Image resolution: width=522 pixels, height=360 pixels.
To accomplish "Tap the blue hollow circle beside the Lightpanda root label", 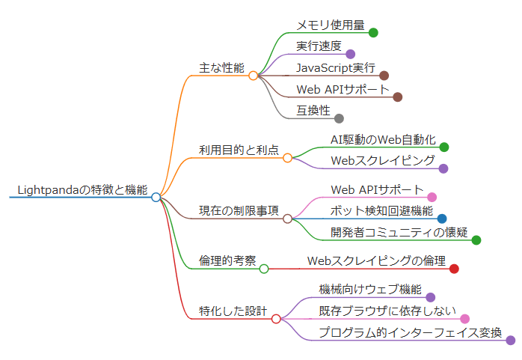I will coord(156,198).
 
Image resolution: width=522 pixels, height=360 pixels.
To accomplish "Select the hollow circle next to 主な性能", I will coord(254,76).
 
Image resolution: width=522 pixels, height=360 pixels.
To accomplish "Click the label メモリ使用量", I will coord(330,25).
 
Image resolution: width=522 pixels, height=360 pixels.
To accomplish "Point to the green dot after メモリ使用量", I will coord(373,32).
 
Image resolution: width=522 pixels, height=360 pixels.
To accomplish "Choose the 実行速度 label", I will coord(319,46).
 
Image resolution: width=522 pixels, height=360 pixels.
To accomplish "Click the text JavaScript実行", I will coord(336,68).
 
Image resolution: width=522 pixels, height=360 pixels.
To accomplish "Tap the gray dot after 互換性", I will coord(339,118).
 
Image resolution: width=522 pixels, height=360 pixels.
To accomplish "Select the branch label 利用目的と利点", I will coord(239,150).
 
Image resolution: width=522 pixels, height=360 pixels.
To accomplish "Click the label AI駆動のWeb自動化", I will coord(383,139).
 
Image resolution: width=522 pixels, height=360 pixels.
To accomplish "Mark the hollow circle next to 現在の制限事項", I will coord(287,219).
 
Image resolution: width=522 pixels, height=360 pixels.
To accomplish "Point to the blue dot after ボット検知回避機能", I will coord(442,219).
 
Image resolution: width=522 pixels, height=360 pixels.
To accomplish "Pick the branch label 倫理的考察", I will coord(227,260).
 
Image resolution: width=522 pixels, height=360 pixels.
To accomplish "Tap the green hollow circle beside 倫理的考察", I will coord(263,269).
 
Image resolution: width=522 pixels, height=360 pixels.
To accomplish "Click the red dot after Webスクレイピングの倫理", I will coord(454,269).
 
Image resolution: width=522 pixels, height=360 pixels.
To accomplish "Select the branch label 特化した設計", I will coord(233,311).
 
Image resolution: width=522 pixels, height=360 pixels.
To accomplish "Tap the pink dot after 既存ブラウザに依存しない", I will coord(464,319).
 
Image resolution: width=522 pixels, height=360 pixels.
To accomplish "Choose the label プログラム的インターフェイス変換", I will coord(410,332).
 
